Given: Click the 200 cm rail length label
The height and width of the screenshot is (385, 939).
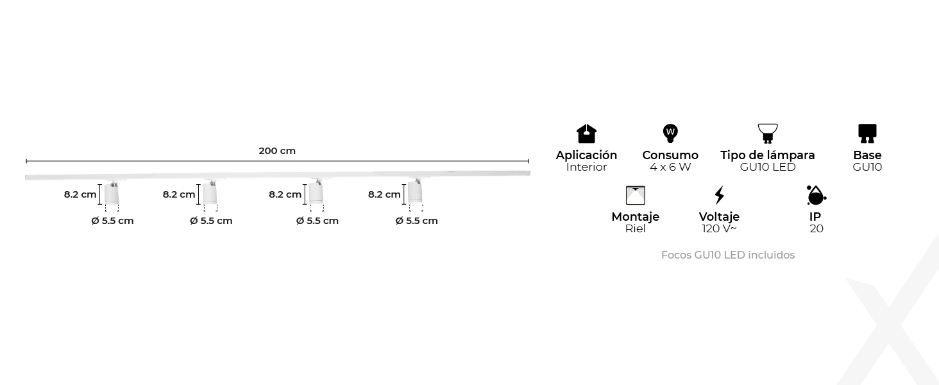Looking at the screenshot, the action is click(x=277, y=151).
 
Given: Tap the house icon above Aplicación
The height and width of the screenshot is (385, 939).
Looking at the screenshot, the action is click(x=586, y=133).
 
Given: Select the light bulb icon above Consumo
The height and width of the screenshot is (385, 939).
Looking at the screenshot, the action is click(x=670, y=133).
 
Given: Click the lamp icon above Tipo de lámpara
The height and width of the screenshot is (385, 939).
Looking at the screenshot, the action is click(x=767, y=133).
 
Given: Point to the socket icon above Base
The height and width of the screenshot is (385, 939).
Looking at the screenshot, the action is click(x=867, y=133).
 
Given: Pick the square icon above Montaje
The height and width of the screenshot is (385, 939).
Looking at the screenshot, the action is click(x=635, y=195).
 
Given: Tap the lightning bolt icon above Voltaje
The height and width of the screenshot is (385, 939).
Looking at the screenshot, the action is click(x=719, y=195).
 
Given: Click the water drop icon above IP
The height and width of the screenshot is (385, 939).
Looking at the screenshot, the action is click(x=816, y=195).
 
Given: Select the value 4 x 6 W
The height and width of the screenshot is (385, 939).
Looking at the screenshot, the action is click(x=670, y=167).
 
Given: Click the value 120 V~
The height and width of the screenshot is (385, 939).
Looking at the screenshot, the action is click(x=719, y=229).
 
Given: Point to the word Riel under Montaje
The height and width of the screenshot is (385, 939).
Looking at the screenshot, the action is click(x=635, y=229).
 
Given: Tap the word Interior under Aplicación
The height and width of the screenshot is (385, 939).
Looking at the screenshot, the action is click(x=586, y=167).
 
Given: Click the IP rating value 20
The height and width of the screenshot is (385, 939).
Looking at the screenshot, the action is click(x=816, y=229).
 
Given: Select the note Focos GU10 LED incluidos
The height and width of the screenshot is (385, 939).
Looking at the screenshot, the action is click(x=728, y=255).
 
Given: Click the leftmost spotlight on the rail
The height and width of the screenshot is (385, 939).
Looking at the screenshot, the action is click(x=112, y=193).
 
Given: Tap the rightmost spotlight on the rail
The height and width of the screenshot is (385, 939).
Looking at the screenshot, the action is click(x=415, y=193).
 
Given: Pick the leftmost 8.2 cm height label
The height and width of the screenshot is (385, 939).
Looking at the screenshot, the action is click(x=80, y=194).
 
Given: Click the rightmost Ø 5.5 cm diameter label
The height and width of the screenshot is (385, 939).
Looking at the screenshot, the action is click(x=417, y=221).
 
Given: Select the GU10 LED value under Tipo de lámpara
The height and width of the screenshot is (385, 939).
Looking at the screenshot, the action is click(x=767, y=167).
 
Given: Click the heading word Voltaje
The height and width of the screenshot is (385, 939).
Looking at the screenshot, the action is click(x=719, y=217).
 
